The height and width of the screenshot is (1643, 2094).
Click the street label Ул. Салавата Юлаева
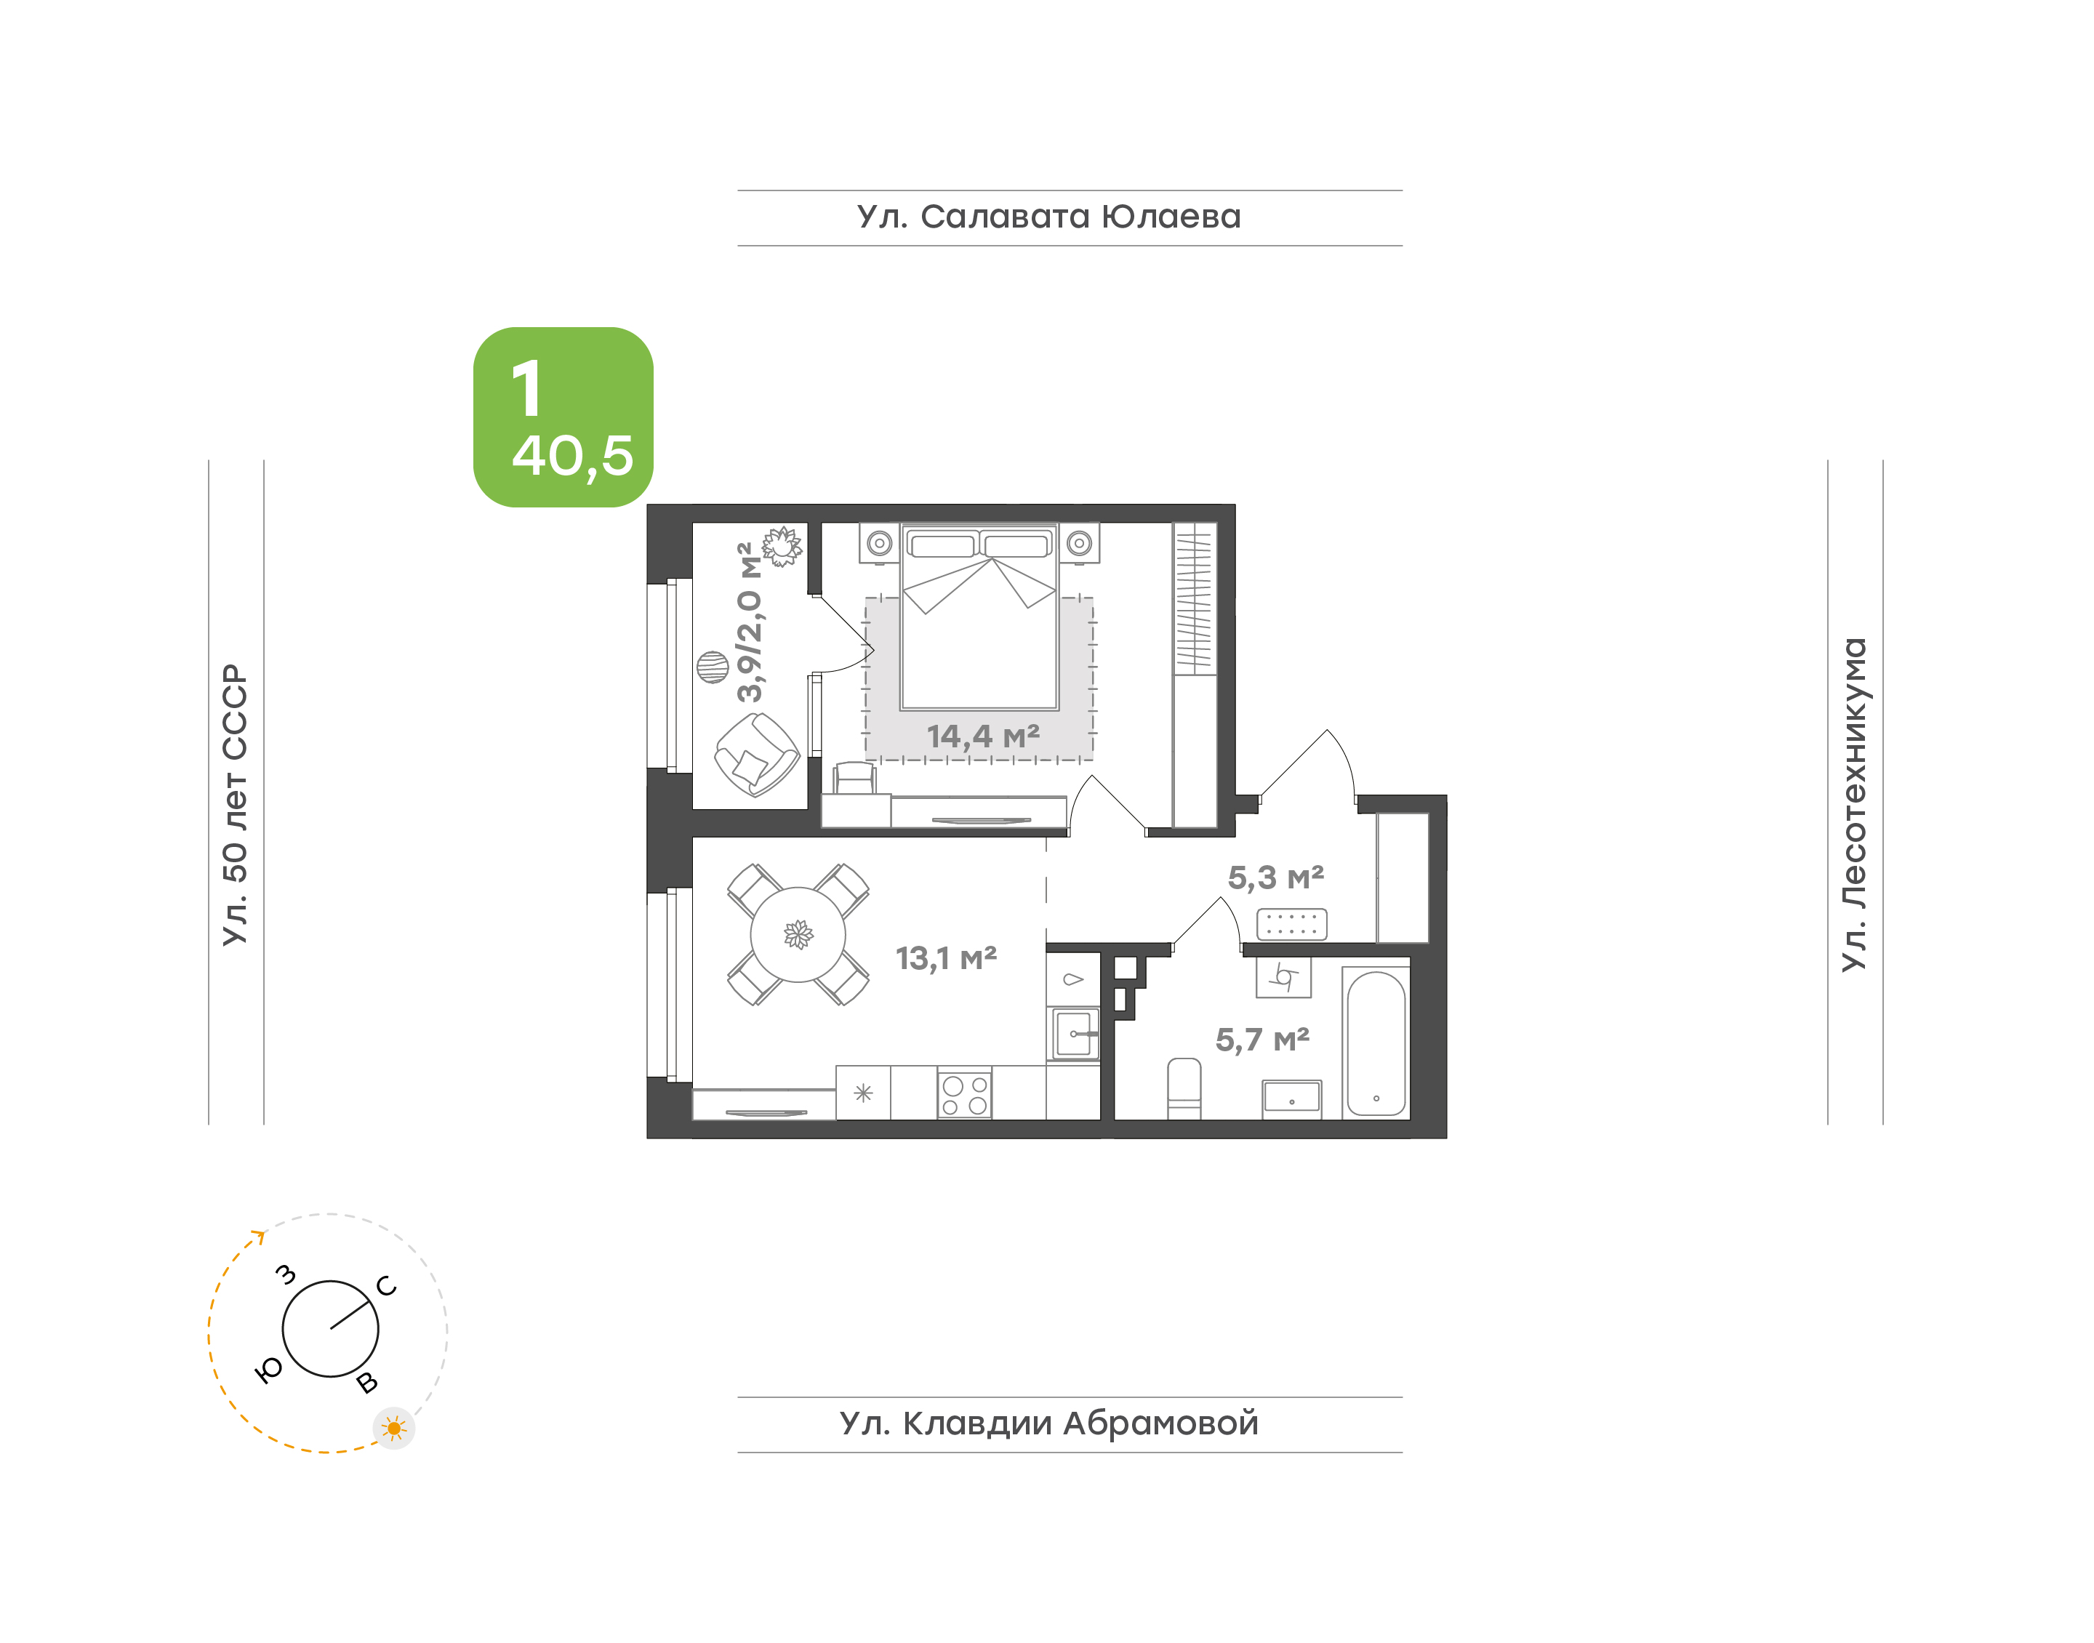pos(1048,217)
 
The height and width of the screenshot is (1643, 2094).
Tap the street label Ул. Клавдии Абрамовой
pos(1048,1423)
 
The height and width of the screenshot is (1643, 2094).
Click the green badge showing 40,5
pos(563,417)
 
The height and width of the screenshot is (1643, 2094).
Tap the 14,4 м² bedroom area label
pos(983,737)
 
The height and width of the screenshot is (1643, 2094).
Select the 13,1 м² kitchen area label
pos(947,958)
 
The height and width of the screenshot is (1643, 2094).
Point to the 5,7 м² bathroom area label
pos(1262,1040)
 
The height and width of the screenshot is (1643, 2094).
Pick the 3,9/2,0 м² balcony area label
pos(750,622)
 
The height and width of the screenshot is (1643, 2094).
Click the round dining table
pos(798,934)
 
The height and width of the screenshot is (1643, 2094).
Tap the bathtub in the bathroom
pos(1376,1043)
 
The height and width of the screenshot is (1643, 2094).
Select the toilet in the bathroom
pos(1184,1088)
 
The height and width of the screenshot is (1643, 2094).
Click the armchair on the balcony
pos(757,756)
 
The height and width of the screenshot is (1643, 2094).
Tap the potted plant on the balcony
pos(782,547)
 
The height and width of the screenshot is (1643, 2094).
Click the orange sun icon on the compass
pos(393,1429)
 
